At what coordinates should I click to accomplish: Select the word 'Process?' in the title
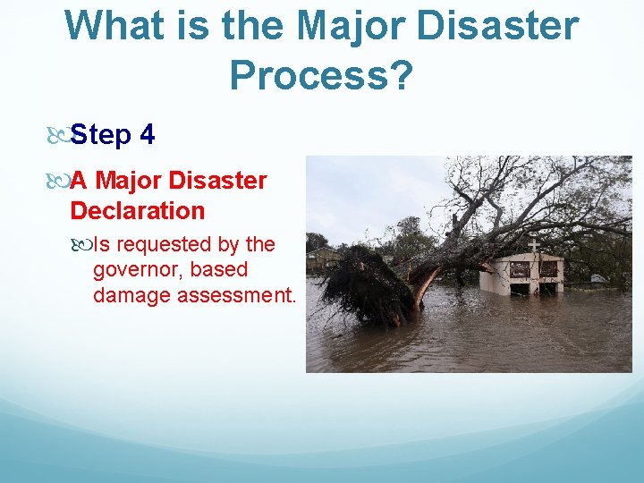(321, 76)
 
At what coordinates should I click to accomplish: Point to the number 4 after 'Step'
(148, 136)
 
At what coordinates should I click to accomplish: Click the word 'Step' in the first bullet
(100, 136)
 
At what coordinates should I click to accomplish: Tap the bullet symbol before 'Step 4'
(57, 136)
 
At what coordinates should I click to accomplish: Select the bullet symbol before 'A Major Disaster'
(57, 182)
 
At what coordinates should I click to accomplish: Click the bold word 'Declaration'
(138, 211)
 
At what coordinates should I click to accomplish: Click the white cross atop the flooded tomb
(533, 244)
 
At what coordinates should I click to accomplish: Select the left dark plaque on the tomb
(519, 268)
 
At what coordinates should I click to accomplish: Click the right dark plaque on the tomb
(548, 268)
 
